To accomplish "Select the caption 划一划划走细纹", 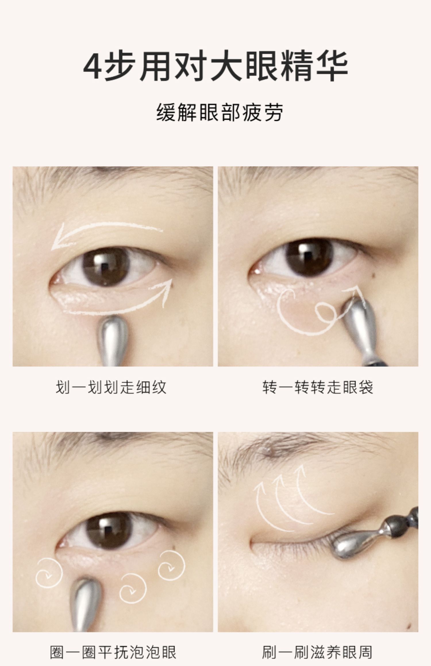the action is click(x=111, y=387).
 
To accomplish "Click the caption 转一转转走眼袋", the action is click(x=318, y=387).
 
